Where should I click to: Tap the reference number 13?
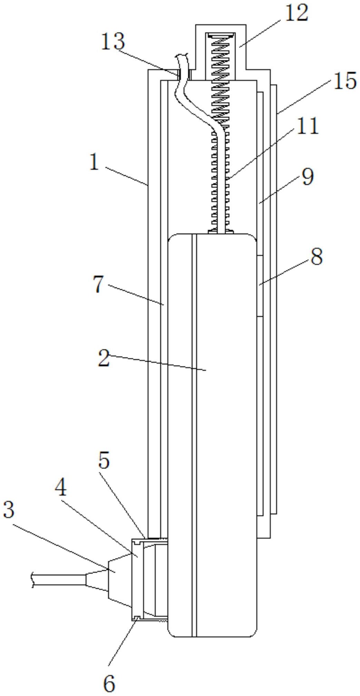point(113,42)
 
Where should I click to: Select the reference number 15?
point(344,81)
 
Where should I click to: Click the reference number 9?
point(307,177)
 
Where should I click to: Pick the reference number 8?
point(316,257)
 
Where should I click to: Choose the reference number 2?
point(104,358)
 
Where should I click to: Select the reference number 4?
point(61,487)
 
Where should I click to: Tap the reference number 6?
point(109,683)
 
